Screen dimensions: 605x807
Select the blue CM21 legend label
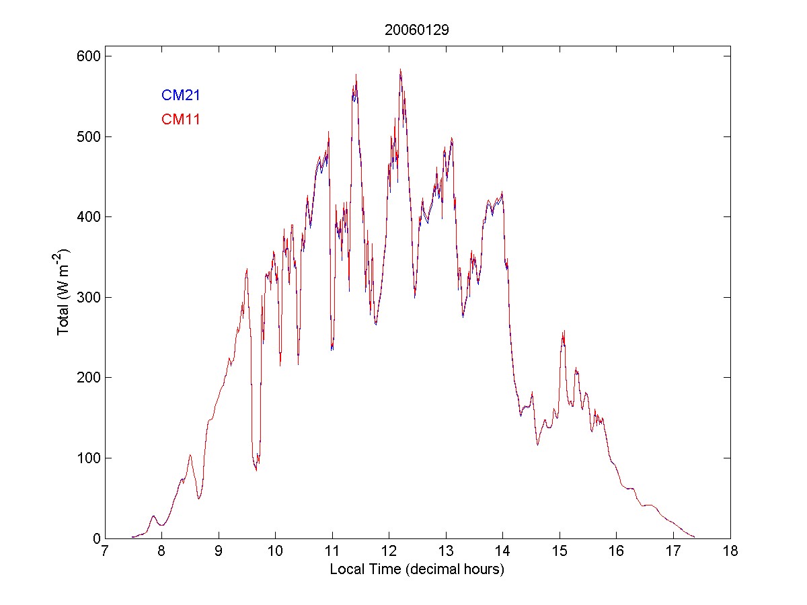click(x=180, y=95)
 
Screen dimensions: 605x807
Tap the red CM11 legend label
click(x=180, y=120)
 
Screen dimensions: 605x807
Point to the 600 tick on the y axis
click(x=85, y=56)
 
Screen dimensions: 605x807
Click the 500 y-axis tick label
click(x=85, y=136)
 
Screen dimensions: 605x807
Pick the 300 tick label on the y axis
click(x=85, y=297)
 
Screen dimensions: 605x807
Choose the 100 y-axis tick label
click(x=85, y=458)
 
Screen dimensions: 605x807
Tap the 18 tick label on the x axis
click(x=730, y=552)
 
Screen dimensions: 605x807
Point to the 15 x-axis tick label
click(x=560, y=552)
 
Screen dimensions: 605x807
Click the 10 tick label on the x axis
click(x=275, y=552)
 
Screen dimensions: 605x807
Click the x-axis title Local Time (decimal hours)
click(x=417, y=569)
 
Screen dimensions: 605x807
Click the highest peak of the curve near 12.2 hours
click(x=400, y=69)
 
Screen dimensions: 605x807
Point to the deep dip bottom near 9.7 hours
click(x=256, y=469)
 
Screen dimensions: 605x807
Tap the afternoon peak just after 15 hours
click(x=564, y=331)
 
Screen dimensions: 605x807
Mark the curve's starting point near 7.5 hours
click(x=132, y=537)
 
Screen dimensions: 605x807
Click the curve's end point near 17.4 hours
click(x=695, y=537)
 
